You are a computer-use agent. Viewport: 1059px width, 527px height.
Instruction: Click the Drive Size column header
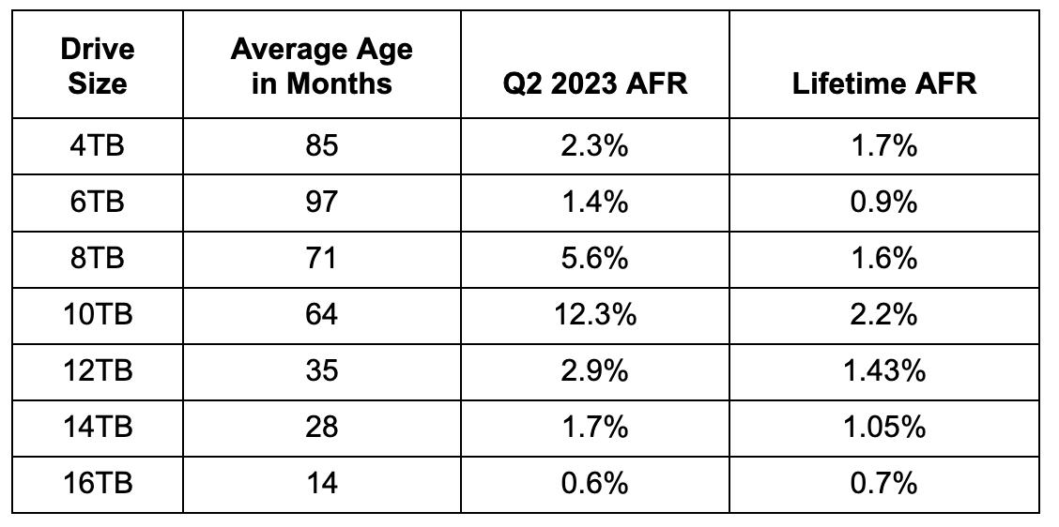pyautogui.click(x=98, y=66)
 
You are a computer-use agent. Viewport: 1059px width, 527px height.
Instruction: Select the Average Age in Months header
pyautogui.click(x=321, y=66)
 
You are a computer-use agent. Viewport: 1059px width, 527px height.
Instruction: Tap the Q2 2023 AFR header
pyautogui.click(x=595, y=83)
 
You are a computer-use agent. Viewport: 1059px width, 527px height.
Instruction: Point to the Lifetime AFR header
pyautogui.click(x=883, y=83)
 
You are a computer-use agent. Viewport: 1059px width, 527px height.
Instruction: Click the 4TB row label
pyautogui.click(x=98, y=145)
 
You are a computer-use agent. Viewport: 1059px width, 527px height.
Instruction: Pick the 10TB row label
pyautogui.click(x=98, y=314)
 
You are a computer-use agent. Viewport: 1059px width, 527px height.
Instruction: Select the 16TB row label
pyautogui.click(x=98, y=483)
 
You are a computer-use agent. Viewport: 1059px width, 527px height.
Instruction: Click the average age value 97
pyautogui.click(x=321, y=202)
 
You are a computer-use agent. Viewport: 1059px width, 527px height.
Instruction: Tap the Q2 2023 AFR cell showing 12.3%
pyautogui.click(x=595, y=314)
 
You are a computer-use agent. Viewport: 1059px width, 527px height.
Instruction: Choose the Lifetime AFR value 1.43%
pyautogui.click(x=883, y=370)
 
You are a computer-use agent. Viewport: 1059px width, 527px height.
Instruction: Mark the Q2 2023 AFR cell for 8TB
pyautogui.click(x=595, y=258)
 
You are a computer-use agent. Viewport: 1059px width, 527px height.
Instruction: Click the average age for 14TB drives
pyautogui.click(x=321, y=427)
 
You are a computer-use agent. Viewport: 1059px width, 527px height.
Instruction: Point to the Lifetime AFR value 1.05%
pyautogui.click(x=883, y=427)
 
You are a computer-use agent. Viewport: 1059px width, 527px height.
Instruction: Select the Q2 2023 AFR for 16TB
pyautogui.click(x=595, y=483)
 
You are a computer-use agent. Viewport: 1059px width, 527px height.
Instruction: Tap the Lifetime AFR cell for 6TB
pyautogui.click(x=883, y=202)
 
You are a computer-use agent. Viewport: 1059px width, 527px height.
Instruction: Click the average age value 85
pyautogui.click(x=321, y=145)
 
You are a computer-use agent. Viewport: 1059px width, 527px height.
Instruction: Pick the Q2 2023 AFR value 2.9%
pyautogui.click(x=595, y=370)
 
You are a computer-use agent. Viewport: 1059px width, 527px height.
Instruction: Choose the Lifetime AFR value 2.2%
pyautogui.click(x=883, y=314)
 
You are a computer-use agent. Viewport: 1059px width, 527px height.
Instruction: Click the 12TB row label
pyautogui.click(x=98, y=370)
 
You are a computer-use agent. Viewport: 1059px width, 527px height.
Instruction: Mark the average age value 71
pyautogui.click(x=321, y=258)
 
